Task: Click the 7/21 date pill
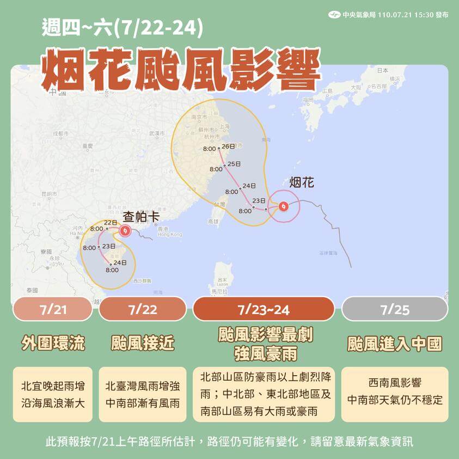53,309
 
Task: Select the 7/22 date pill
143,309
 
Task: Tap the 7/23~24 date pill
264,309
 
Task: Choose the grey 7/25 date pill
394,309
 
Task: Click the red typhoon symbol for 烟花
284,206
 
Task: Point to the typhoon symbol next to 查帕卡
125,231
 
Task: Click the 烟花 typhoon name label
301,182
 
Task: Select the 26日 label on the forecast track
229,146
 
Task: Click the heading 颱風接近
143,344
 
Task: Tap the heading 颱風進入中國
394,344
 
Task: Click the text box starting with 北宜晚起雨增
53,394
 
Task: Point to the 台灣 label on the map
219,204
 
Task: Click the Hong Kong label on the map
169,234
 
